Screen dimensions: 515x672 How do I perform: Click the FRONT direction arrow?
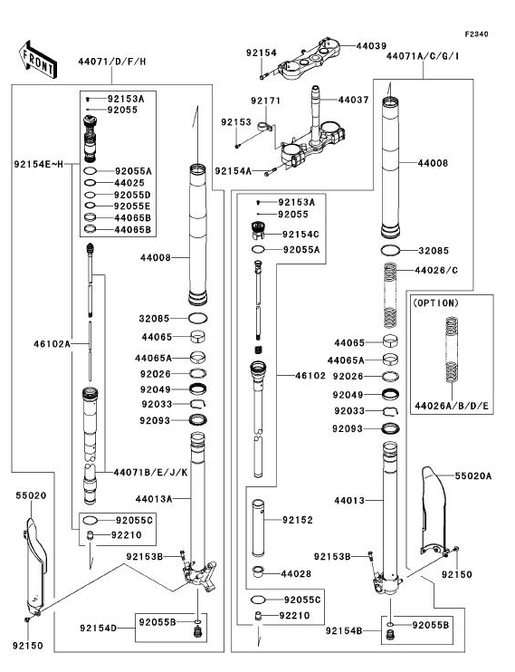38,60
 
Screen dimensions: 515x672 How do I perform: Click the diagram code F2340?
476,34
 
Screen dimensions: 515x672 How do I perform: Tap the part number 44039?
371,46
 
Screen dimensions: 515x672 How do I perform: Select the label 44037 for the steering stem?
354,100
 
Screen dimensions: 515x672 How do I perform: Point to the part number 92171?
265,101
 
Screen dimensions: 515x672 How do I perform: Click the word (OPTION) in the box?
435,303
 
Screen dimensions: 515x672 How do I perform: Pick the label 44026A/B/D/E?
452,406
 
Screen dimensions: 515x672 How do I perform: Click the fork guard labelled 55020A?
434,510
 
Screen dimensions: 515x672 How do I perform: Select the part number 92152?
298,520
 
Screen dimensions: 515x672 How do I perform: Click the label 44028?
296,573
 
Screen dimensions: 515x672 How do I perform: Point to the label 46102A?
52,344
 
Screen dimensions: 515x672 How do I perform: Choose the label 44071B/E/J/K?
151,473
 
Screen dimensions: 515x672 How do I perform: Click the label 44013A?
154,499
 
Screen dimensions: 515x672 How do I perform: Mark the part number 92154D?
98,629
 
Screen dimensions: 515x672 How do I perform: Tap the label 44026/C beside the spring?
436,271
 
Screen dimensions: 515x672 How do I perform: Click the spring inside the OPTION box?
452,350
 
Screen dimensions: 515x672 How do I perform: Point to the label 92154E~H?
39,164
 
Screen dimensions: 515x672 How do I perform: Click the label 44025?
129,183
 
